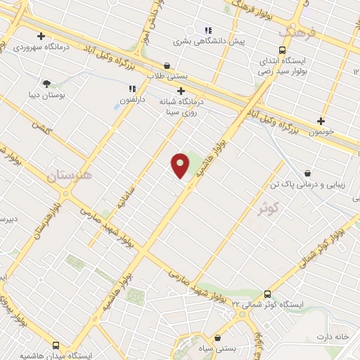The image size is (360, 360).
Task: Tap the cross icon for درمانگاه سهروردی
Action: coord(41,36)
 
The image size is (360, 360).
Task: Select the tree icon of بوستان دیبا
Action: coord(47,84)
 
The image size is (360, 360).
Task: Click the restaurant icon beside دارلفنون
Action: coord(131,89)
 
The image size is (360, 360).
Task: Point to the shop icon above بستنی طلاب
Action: coord(166,65)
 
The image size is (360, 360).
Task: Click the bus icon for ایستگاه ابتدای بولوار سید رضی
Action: coord(282,51)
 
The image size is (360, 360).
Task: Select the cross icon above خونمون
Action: coord(321,120)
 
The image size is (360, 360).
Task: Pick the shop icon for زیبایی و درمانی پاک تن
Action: coord(307,173)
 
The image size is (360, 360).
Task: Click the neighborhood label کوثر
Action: coord(269,208)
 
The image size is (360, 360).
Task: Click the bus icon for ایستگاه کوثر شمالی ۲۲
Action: coord(266,294)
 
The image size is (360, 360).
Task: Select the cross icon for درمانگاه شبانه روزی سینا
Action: coord(181,91)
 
